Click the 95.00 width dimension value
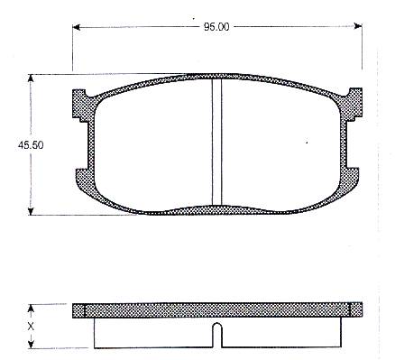tap(216, 27)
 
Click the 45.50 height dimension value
tap(31, 145)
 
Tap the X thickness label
tap(31, 327)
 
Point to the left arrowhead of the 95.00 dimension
tap(76, 27)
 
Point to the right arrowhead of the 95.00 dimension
tap(358, 26)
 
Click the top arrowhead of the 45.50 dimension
tap(30, 78)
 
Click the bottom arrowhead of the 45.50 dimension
tap(30, 211)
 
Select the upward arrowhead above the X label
tap(31, 309)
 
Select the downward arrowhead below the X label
tap(31, 344)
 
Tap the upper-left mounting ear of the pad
tap(79, 104)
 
